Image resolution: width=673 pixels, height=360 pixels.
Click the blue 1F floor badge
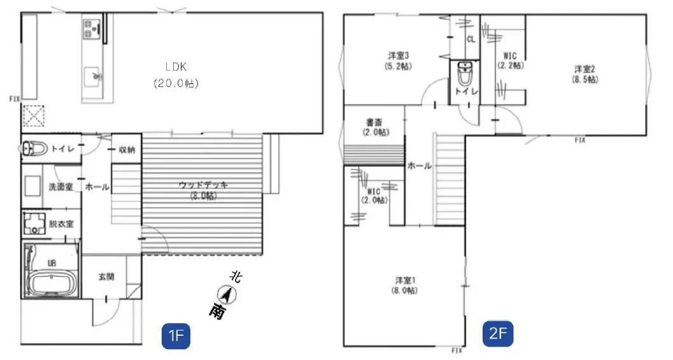[x=176, y=335]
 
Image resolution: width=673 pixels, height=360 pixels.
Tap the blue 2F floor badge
[x=498, y=333]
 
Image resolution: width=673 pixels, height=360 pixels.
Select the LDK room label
[x=176, y=67]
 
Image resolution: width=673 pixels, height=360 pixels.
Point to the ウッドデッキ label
[x=203, y=185]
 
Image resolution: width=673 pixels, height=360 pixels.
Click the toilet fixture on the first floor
[x=34, y=148]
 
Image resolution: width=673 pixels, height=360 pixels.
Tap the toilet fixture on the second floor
[x=465, y=73]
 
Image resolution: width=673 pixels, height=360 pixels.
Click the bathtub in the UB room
[x=52, y=284]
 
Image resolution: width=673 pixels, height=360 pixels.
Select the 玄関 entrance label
[x=106, y=277]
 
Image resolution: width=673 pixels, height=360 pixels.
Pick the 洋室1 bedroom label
[x=405, y=280]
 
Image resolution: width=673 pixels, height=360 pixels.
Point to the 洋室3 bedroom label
[x=399, y=55]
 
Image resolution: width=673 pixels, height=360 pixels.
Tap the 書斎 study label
[x=374, y=122]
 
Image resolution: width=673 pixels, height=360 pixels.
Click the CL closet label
[x=471, y=39]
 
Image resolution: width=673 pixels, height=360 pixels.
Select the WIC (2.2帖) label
[x=511, y=61]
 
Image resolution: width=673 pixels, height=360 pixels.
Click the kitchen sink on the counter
[x=92, y=77]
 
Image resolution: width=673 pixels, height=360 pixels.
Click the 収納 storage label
[x=127, y=150]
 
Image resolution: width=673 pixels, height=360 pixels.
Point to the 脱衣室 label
[x=61, y=224]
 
